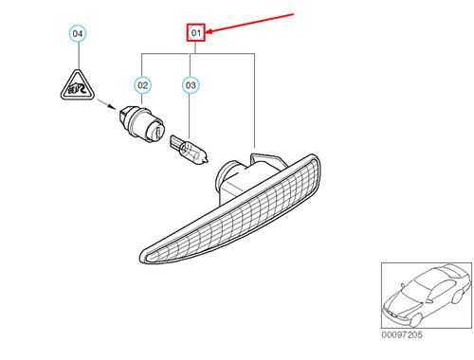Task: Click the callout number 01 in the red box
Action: tap(195, 33)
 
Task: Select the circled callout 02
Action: tap(143, 86)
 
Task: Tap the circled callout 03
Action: tap(191, 86)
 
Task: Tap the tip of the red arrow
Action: tap(208, 34)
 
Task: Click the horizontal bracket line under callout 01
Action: tap(199, 53)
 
